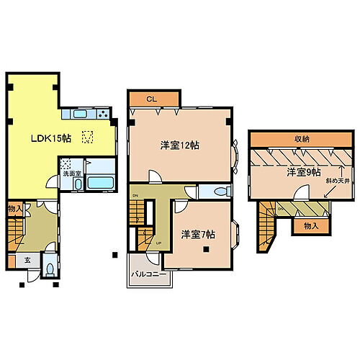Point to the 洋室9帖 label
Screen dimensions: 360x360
point(302,172)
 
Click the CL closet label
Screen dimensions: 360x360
point(153,99)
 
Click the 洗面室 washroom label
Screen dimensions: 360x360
point(70,174)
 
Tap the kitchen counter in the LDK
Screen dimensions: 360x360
point(89,116)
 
